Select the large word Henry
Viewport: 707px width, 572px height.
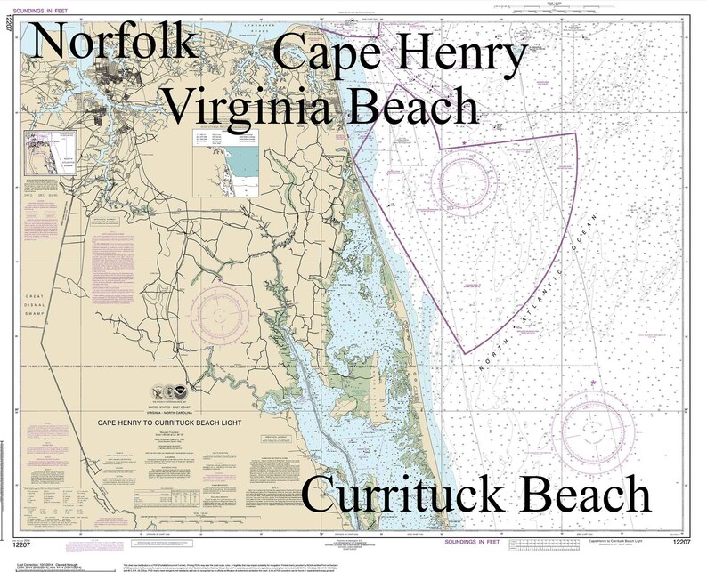(463, 54)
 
